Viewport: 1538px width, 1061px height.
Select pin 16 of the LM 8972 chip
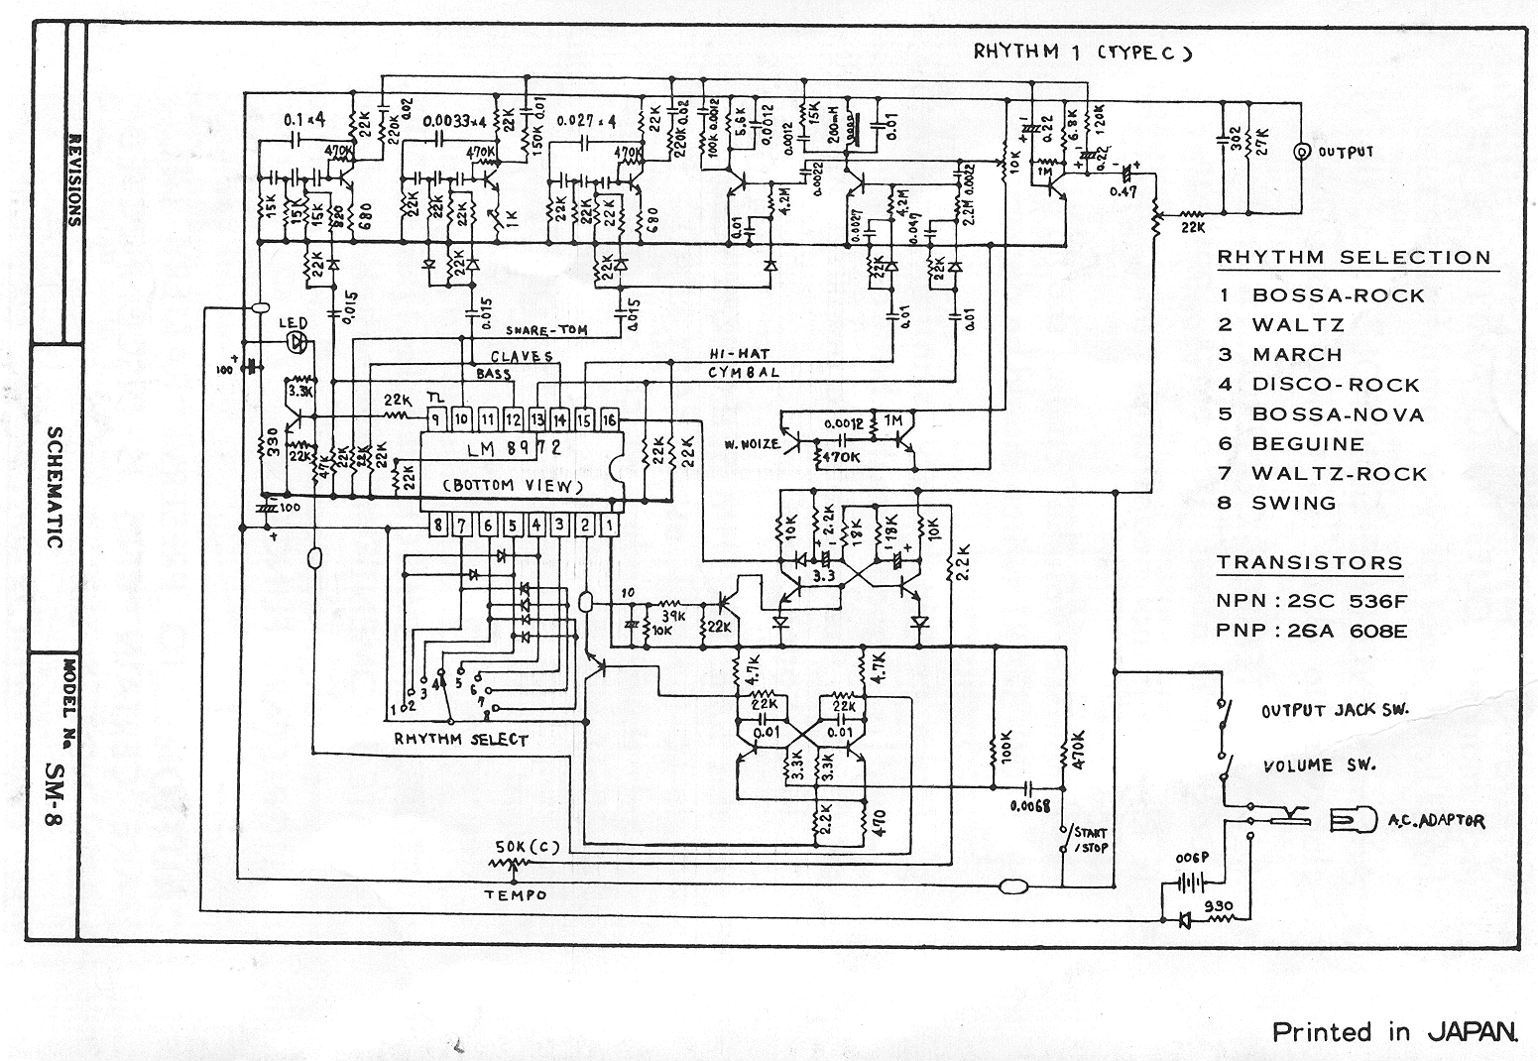pos(609,418)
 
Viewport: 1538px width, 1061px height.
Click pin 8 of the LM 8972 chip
pos(437,525)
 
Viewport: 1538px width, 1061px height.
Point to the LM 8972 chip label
pos(515,449)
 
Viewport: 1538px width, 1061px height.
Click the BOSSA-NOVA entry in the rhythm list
pos(1338,414)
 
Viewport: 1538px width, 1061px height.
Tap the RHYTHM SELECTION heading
pos(1354,258)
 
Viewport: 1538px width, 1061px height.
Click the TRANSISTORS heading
pos(1309,563)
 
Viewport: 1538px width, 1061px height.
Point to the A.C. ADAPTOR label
pos(1436,821)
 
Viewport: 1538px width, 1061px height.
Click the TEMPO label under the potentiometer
pos(515,894)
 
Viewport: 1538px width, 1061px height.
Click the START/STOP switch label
pos(1089,841)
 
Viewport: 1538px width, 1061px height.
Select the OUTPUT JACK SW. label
pos(1335,710)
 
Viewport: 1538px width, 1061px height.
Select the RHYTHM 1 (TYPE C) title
pos(1082,53)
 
